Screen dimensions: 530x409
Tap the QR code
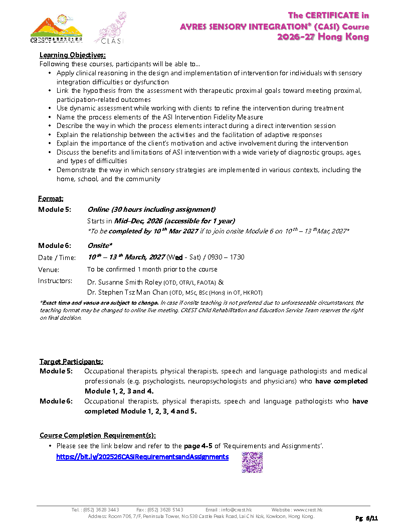tap(252, 462)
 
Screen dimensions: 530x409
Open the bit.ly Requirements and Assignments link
tap(142, 457)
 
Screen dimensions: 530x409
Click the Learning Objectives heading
tap(73, 55)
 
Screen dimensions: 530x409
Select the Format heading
tap(51, 199)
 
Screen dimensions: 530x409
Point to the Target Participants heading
tap(72, 362)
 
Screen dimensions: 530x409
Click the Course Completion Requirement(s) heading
tap(98, 435)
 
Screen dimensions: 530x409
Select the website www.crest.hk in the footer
tap(308, 509)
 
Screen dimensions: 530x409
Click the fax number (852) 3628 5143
tap(166, 509)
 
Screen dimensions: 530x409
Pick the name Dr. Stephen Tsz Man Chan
tap(127, 292)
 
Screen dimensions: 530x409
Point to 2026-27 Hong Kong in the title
tap(323, 37)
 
